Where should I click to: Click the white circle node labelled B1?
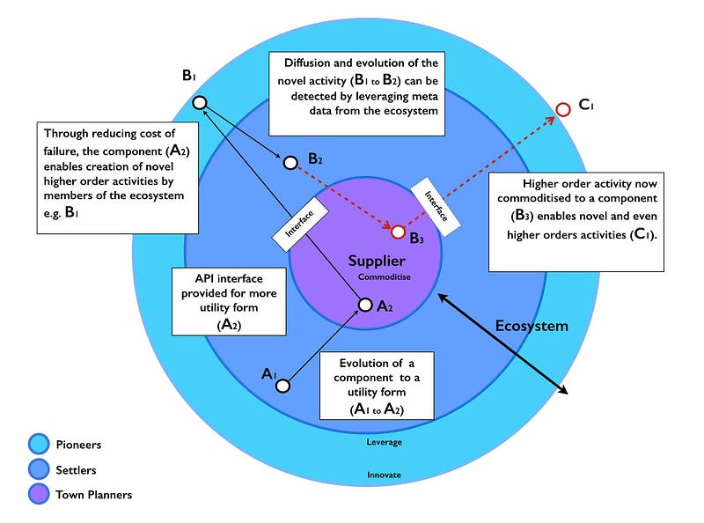(x=200, y=102)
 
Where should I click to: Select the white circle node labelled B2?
(x=290, y=161)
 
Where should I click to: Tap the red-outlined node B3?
(x=398, y=232)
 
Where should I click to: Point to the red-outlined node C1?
(x=563, y=110)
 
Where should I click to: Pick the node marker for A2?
(x=365, y=306)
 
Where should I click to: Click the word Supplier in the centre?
(x=376, y=261)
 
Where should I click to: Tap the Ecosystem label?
(x=531, y=326)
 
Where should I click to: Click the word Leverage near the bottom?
(x=384, y=442)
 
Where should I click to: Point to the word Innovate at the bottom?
(x=384, y=475)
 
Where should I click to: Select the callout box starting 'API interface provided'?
(x=229, y=302)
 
